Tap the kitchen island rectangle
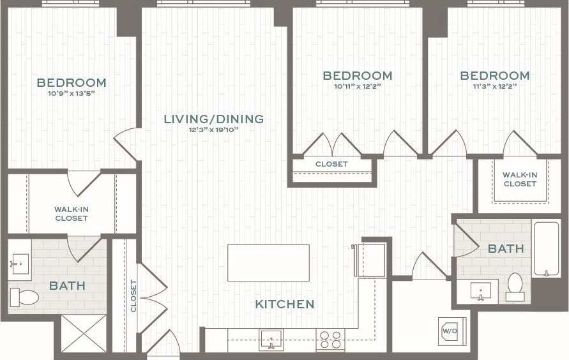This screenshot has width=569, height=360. point(268,262)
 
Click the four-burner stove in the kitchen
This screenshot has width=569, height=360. point(330,339)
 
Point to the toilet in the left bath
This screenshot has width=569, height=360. point(24,296)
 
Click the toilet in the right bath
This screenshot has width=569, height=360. point(515,287)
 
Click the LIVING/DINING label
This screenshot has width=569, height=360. point(213,119)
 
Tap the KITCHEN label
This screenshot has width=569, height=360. point(285,304)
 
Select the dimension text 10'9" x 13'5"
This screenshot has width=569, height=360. point(71,93)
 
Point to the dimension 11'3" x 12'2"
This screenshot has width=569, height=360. point(495,86)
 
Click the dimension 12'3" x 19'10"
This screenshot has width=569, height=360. point(213,130)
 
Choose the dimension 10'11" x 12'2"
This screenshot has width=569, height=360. point(357,86)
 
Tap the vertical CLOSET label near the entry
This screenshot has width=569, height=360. point(133,296)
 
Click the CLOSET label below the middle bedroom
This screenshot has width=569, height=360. point(331,164)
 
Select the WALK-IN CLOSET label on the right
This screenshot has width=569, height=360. point(520,179)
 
